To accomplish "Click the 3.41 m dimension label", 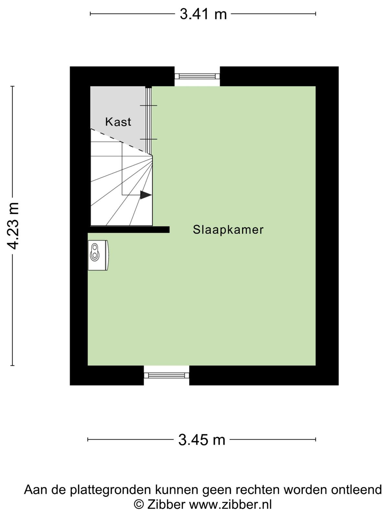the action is (203, 14).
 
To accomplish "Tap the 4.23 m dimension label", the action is (13, 226).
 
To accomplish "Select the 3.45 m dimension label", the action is (202, 439).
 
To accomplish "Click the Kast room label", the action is (118, 122).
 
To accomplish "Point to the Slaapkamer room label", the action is (228, 230).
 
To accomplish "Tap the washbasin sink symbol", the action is (98, 255).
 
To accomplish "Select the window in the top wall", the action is (197, 76).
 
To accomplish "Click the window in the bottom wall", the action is (167, 375).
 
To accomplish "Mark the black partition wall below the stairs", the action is (129, 230).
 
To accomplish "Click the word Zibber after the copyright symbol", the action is (166, 504).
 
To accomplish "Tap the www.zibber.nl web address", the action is (231, 504).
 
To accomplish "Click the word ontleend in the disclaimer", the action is (356, 490).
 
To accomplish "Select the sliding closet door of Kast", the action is (148, 121).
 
